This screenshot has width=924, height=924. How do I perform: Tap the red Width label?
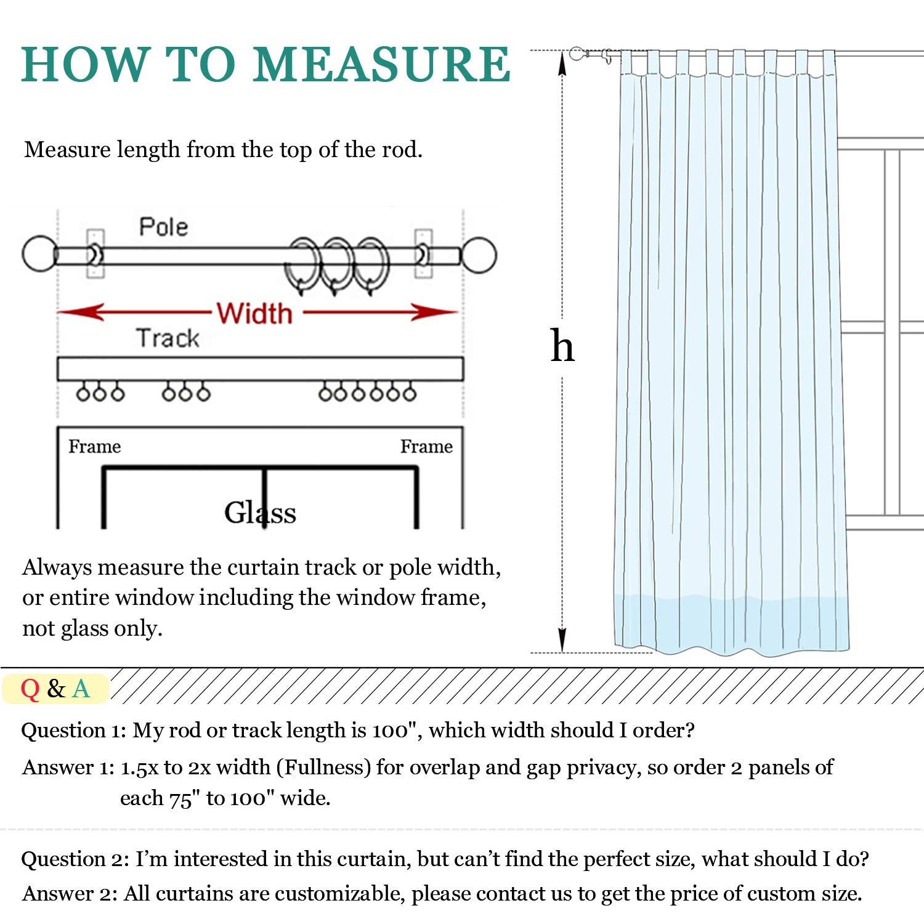point(254,314)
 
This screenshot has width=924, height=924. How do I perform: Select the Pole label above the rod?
point(163,227)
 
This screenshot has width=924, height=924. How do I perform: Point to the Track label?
point(168,338)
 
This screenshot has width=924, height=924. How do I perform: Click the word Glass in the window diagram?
point(260,513)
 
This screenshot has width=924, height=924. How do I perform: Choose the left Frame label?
point(94,446)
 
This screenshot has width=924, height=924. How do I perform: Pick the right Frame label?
point(426,446)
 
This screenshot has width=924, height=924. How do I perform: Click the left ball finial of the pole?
point(39,254)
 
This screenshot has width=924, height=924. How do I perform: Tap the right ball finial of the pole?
point(479,254)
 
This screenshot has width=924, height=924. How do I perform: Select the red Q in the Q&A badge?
point(30,689)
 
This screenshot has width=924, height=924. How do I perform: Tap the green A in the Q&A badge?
point(81,689)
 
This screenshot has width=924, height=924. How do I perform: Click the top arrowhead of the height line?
point(562,62)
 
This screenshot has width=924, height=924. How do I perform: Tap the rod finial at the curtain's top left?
point(577,54)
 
